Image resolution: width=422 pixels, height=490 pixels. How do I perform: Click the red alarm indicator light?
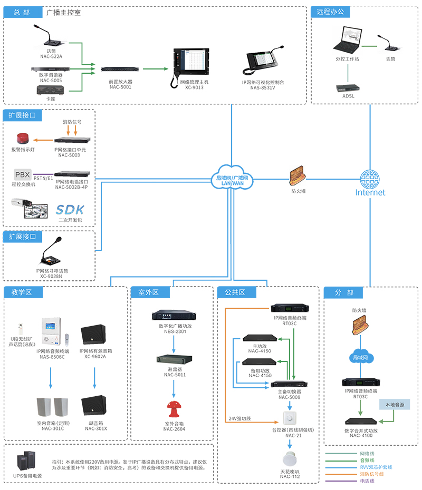(x=22, y=139)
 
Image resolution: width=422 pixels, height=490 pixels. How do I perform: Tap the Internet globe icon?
(x=370, y=178)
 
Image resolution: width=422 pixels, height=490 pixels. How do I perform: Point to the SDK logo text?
(x=70, y=209)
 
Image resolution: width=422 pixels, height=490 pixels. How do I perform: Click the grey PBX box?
(x=23, y=174)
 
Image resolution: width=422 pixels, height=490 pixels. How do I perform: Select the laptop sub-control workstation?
(x=349, y=40)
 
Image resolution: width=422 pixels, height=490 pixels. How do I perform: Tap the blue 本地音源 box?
(x=395, y=405)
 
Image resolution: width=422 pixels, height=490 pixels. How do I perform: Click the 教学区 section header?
(x=20, y=292)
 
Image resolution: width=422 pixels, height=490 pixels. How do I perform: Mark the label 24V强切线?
(x=239, y=419)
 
